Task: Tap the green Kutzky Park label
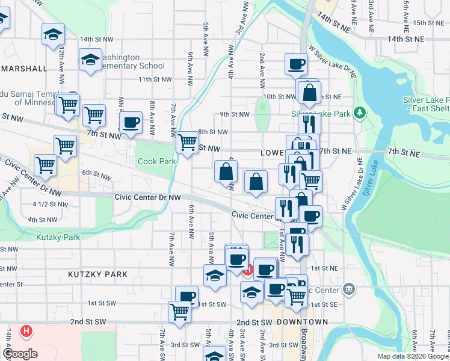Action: (x=58, y=238)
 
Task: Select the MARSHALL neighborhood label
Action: (x=25, y=69)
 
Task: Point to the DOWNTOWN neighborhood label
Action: (x=303, y=322)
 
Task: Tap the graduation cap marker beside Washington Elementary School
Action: (x=90, y=60)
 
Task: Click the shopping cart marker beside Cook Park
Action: (x=187, y=143)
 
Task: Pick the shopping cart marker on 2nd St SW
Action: (x=180, y=312)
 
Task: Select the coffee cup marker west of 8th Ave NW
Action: (x=130, y=122)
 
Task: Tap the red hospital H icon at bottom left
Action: (x=26, y=330)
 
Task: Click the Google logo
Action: (x=19, y=354)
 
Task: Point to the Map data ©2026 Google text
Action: (x=413, y=356)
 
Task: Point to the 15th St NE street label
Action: (x=428, y=23)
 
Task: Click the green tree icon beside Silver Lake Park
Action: (x=360, y=113)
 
